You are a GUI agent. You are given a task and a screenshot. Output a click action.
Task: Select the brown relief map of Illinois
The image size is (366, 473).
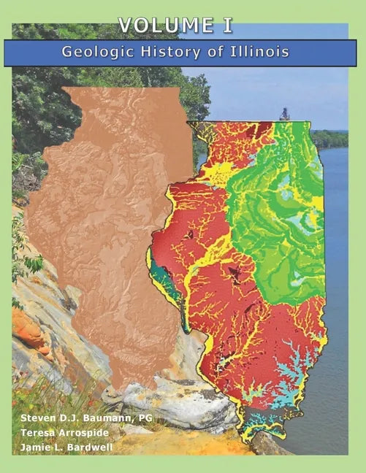[102, 219]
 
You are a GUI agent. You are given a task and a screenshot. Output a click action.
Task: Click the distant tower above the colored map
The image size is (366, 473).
[283, 114]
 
